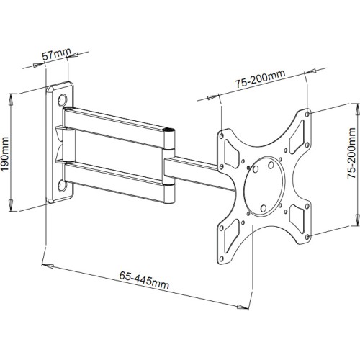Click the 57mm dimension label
[57, 55]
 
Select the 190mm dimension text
[5, 154]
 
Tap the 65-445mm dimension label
[144, 280]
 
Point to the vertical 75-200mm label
[351, 153]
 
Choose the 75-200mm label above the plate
[260, 79]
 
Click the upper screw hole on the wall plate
[63, 99]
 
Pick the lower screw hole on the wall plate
[62, 186]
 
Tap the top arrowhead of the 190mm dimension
[11, 99]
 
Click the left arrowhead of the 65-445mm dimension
[47, 266]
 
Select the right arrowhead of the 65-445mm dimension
[243, 307]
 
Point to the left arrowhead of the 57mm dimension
[37, 66]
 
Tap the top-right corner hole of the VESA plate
[307, 114]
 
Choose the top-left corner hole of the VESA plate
[222, 136]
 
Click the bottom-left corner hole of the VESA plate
[221, 258]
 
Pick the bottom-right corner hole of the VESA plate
[307, 237]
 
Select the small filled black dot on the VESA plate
[248, 167]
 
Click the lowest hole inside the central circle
[264, 208]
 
